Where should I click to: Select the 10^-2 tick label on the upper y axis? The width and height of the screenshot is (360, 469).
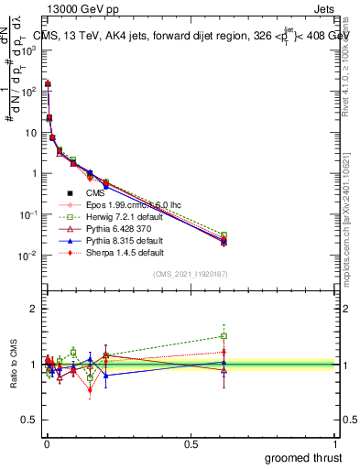point(27,256)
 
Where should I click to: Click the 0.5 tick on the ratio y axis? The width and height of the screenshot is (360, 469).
point(32,420)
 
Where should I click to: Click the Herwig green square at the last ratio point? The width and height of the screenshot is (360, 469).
point(224,336)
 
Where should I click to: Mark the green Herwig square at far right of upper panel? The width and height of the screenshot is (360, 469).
point(224,235)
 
